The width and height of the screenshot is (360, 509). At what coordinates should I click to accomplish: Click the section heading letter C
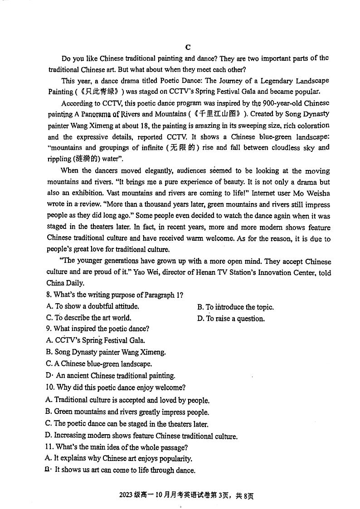tap(188, 48)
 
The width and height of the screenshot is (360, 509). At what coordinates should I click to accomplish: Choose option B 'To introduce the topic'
tap(235, 307)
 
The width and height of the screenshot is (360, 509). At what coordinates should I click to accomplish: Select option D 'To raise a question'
tap(231, 319)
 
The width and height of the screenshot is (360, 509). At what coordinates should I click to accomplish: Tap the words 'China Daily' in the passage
tap(66, 283)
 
